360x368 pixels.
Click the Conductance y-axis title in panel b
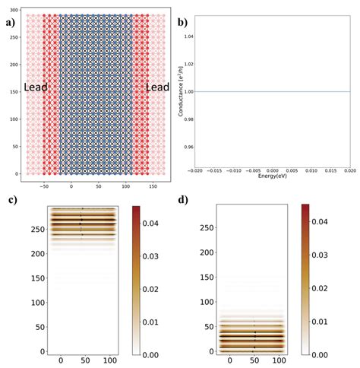[182, 91]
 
